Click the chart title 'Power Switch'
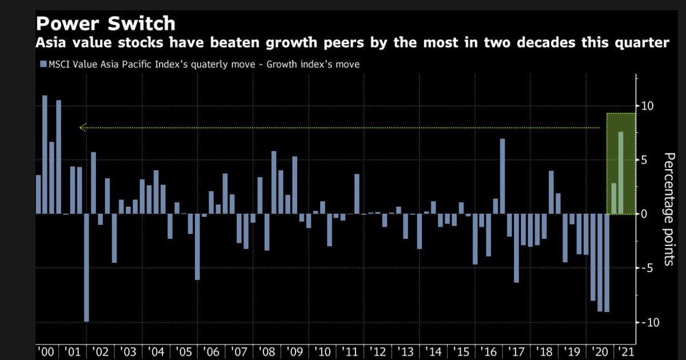[105, 24]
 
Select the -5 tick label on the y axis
[649, 268]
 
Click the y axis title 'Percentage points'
[669, 209]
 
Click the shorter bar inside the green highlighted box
[614, 199]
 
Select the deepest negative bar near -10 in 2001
[86, 268]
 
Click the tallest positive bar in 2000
[45, 154]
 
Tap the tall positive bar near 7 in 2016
[502, 177]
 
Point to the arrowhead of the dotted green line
[82, 128]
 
